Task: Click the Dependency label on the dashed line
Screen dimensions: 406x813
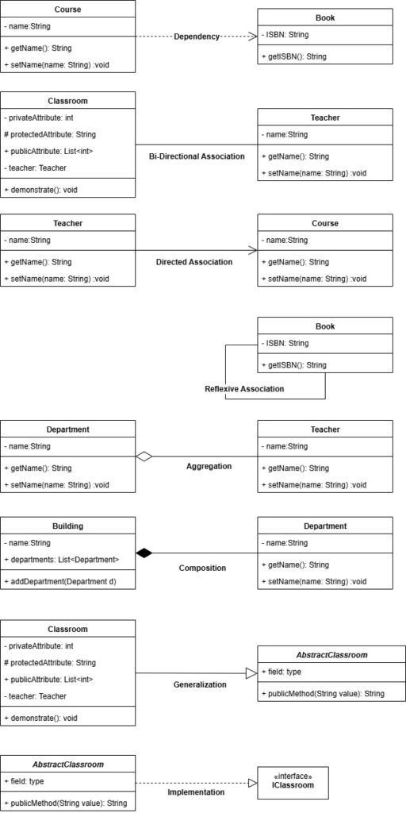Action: [x=197, y=37]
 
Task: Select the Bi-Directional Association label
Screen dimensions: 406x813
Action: [x=197, y=156]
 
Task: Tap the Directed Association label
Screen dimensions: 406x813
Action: [x=194, y=262]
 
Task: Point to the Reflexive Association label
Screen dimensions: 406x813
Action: [x=244, y=388]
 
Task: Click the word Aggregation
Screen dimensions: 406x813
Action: [x=209, y=466]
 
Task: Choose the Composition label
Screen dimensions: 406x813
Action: [x=202, y=568]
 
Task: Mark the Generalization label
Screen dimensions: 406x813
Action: [x=200, y=684]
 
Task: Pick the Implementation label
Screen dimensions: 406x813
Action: [x=197, y=792]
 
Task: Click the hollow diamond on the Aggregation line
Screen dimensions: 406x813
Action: [x=144, y=457]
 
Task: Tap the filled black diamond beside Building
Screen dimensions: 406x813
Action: [x=144, y=553]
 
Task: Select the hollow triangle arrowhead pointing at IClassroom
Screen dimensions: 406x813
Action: [x=252, y=783]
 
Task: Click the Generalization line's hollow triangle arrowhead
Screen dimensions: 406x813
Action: [x=251, y=673]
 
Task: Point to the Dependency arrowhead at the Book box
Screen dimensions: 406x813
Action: [x=253, y=37]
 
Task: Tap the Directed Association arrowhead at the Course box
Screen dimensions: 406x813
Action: [x=253, y=250]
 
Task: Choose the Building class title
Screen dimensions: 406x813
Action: [x=68, y=526]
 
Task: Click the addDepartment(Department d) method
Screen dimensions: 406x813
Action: [x=60, y=582]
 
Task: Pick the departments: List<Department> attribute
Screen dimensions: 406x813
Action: [x=62, y=560]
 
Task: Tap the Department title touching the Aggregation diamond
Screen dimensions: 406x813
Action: [x=68, y=430]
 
